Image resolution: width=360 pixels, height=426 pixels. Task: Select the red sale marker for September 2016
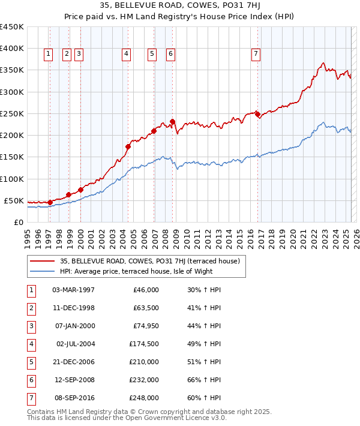coord(257,114)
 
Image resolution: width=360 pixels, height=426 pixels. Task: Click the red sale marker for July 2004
coord(128,146)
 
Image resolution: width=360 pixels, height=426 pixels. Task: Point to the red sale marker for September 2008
coord(172,121)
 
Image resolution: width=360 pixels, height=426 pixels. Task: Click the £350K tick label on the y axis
coord(12,70)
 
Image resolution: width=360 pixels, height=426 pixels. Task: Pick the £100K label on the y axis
coord(12,179)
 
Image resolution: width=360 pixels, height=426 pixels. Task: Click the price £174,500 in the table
coord(144,344)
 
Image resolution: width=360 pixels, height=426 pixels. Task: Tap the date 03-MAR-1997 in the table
coord(74,290)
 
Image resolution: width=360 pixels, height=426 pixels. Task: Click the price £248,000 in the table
coord(144,398)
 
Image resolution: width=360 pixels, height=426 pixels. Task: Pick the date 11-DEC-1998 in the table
coord(74,308)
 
